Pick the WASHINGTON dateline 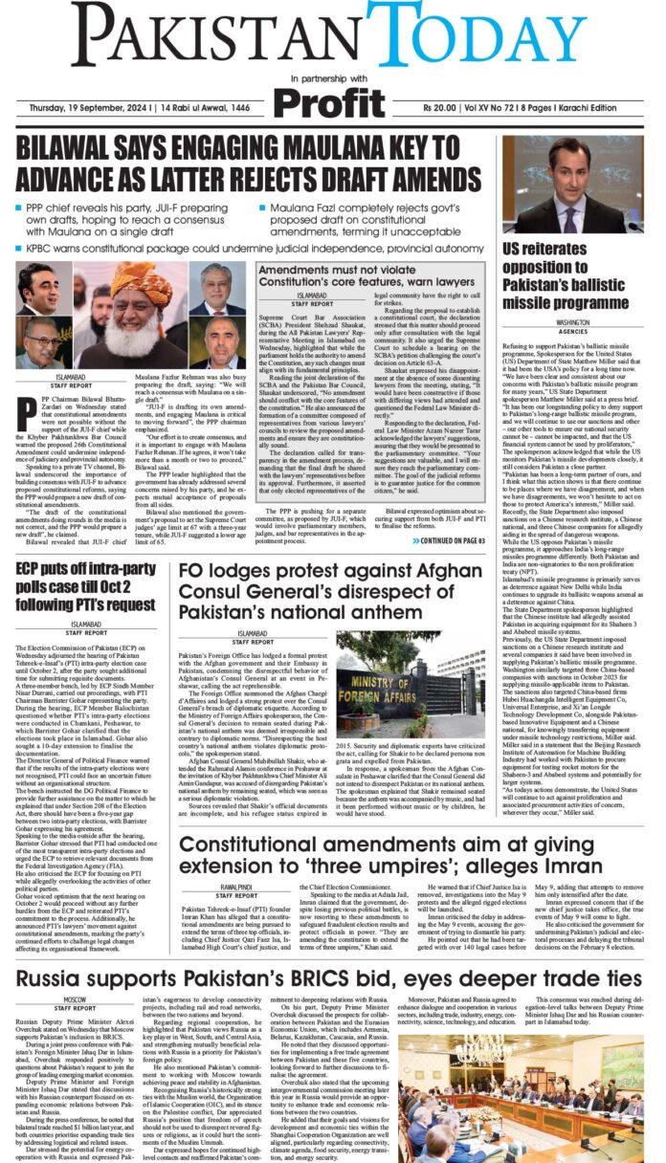click(x=572, y=323)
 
